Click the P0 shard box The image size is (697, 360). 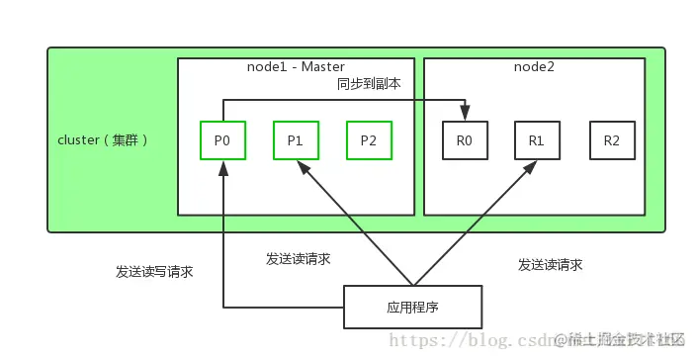(222, 141)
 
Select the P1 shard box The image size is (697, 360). (296, 141)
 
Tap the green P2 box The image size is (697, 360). (369, 141)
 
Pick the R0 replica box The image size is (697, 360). (465, 141)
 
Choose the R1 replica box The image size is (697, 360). (538, 141)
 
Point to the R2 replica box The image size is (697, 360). (611, 141)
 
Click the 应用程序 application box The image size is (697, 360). (412, 307)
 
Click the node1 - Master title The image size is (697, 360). (296, 66)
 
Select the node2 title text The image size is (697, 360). (535, 66)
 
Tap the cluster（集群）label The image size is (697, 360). (104, 139)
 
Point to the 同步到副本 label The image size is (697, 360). (369, 85)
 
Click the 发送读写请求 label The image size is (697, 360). (154, 271)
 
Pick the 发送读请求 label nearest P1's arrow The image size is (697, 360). (299, 258)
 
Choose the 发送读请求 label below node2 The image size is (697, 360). (550, 265)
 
